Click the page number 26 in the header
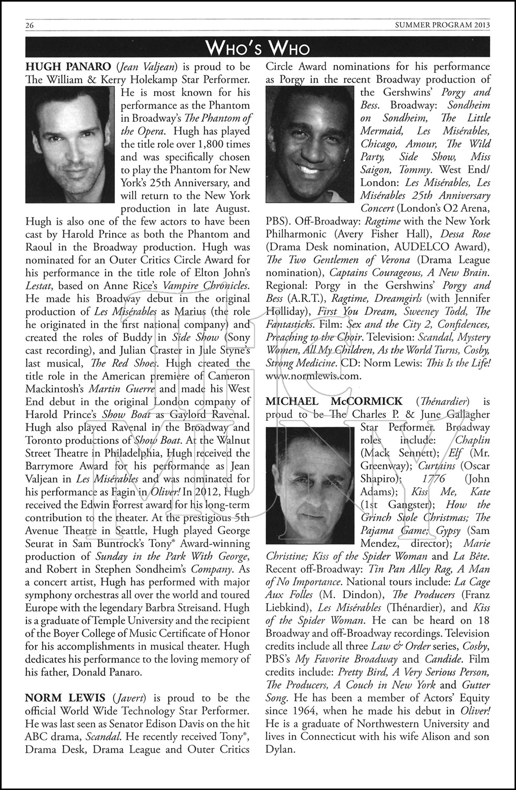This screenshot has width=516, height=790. coord(29,25)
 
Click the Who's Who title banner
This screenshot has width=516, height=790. coord(257,48)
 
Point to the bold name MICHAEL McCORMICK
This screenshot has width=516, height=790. coord(334,402)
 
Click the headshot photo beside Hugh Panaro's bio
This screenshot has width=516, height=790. coord(70,144)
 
